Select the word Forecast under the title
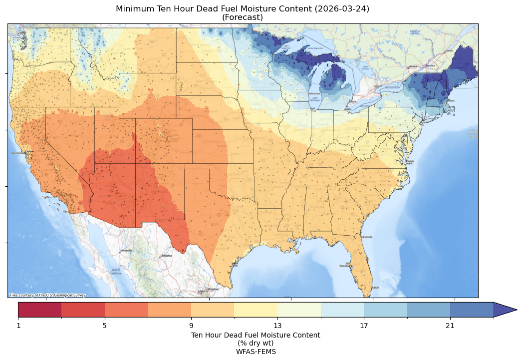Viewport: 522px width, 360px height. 243,17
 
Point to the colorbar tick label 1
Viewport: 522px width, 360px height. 18,326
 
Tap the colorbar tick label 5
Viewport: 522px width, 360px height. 105,326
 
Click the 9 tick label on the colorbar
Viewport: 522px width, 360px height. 191,326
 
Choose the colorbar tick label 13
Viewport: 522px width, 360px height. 277,326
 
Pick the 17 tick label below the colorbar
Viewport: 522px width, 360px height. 364,326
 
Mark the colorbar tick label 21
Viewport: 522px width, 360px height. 450,326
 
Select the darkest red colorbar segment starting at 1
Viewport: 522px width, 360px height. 40,310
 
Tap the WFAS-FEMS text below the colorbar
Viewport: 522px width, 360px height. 256,352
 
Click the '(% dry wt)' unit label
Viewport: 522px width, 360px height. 256,343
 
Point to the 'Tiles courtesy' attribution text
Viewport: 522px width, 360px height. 47,295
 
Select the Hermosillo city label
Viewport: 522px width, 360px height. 126,251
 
